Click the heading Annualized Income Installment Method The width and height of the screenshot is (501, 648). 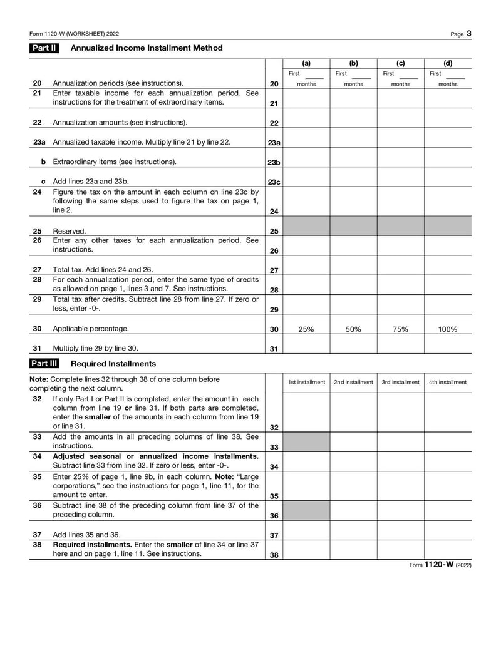[147, 48]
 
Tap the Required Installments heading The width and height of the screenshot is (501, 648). [113, 363]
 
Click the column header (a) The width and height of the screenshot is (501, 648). [306, 63]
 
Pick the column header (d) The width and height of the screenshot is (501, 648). [448, 63]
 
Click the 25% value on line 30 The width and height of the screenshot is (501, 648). [306, 329]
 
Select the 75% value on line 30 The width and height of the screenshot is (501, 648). [401, 329]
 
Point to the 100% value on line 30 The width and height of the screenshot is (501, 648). [448, 329]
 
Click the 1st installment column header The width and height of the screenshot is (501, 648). [306, 382]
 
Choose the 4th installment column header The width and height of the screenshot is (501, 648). [448, 382]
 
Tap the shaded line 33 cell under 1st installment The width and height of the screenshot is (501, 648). [306, 441]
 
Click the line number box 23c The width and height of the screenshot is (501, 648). [274, 182]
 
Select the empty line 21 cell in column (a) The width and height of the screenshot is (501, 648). [306, 98]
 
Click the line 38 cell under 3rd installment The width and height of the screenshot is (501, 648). [401, 550]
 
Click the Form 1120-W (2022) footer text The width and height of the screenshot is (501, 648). [440, 565]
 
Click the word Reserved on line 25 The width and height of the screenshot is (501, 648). [70, 231]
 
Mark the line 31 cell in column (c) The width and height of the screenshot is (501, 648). [401, 344]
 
